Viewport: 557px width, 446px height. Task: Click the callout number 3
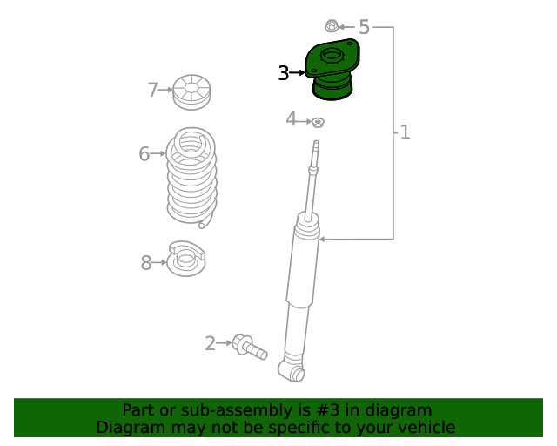[284, 73]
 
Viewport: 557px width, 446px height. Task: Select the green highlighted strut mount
[332, 69]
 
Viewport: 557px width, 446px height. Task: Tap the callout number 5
[364, 27]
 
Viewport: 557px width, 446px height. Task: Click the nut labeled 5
[331, 26]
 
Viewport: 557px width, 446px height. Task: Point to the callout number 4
[291, 118]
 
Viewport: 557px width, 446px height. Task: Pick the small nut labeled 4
[318, 122]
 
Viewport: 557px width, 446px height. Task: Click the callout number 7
[153, 90]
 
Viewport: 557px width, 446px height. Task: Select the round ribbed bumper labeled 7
[191, 92]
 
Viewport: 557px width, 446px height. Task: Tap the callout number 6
[144, 153]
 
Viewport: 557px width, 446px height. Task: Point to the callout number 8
[146, 263]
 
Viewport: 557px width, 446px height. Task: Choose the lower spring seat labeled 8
[186, 259]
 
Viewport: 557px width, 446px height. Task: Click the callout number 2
[210, 343]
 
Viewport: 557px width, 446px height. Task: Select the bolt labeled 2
[250, 347]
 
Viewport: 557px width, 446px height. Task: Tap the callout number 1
[405, 132]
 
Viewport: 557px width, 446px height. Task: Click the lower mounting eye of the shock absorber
[292, 370]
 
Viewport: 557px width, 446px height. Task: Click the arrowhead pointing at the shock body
[322, 240]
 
